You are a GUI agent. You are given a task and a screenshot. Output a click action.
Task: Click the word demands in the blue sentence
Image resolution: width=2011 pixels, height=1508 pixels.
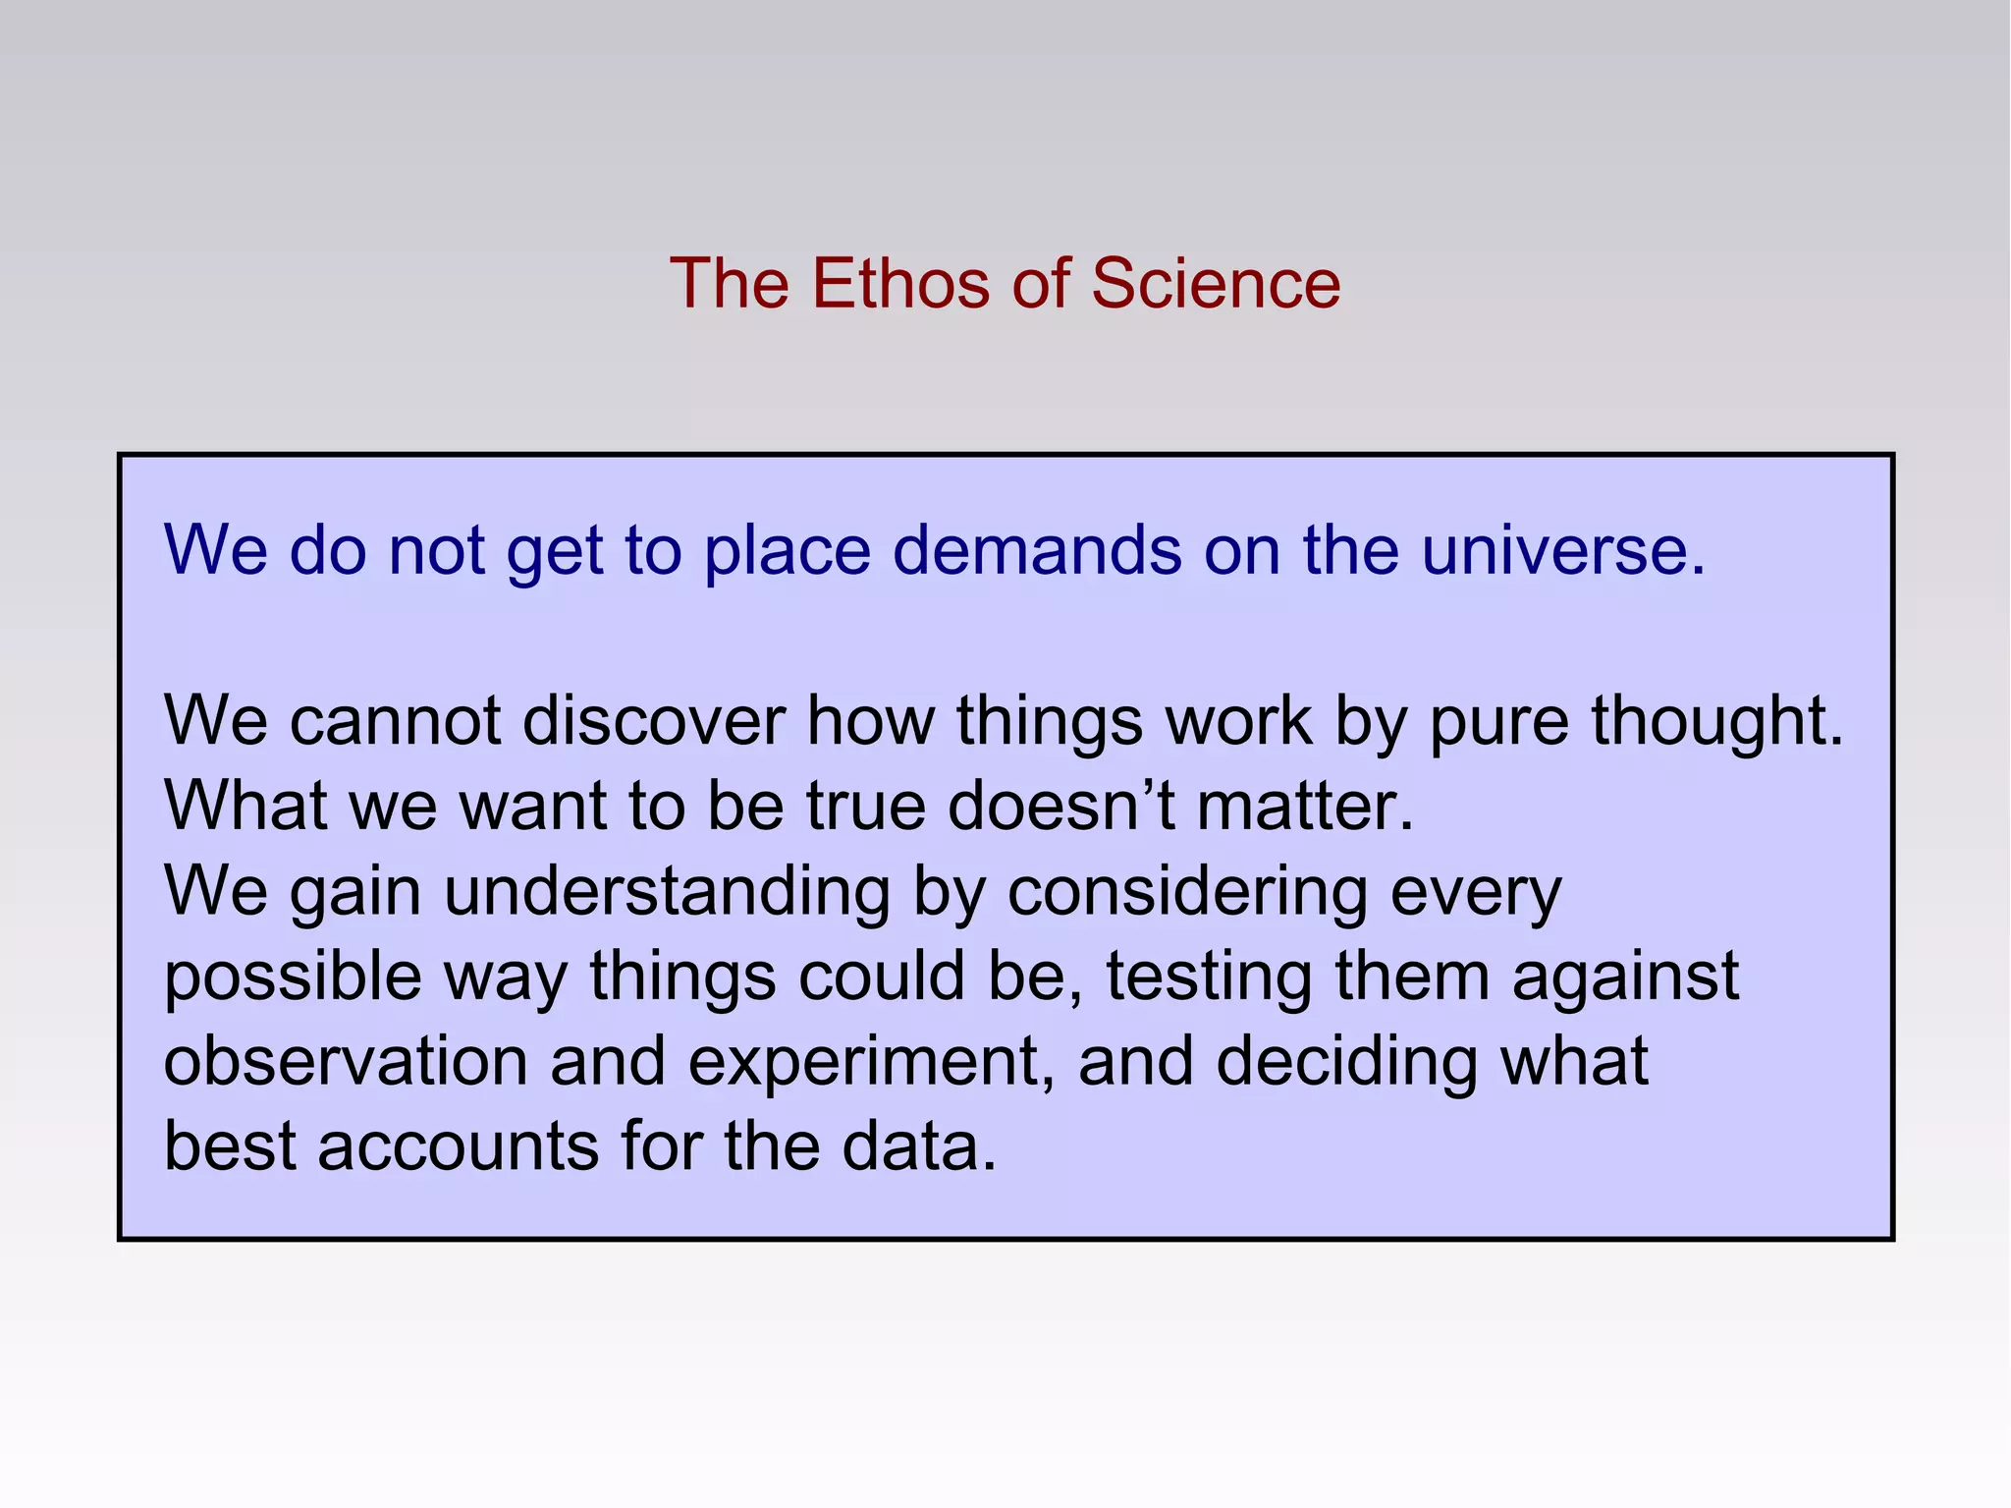click(1037, 550)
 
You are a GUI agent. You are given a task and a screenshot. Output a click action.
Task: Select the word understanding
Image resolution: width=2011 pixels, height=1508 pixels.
click(667, 892)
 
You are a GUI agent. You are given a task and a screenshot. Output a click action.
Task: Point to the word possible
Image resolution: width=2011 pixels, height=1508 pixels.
click(293, 977)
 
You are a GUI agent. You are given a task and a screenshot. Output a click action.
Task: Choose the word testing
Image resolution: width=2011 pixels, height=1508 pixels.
click(1208, 977)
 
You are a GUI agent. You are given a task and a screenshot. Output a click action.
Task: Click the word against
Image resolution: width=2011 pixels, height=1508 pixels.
click(1625, 977)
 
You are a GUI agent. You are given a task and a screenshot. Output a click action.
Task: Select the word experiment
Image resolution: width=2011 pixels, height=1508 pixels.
click(864, 1062)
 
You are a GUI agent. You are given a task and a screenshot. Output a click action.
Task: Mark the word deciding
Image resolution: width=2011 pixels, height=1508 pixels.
click(1346, 1062)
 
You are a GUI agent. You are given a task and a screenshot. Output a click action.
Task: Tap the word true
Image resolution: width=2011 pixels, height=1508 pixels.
click(866, 807)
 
